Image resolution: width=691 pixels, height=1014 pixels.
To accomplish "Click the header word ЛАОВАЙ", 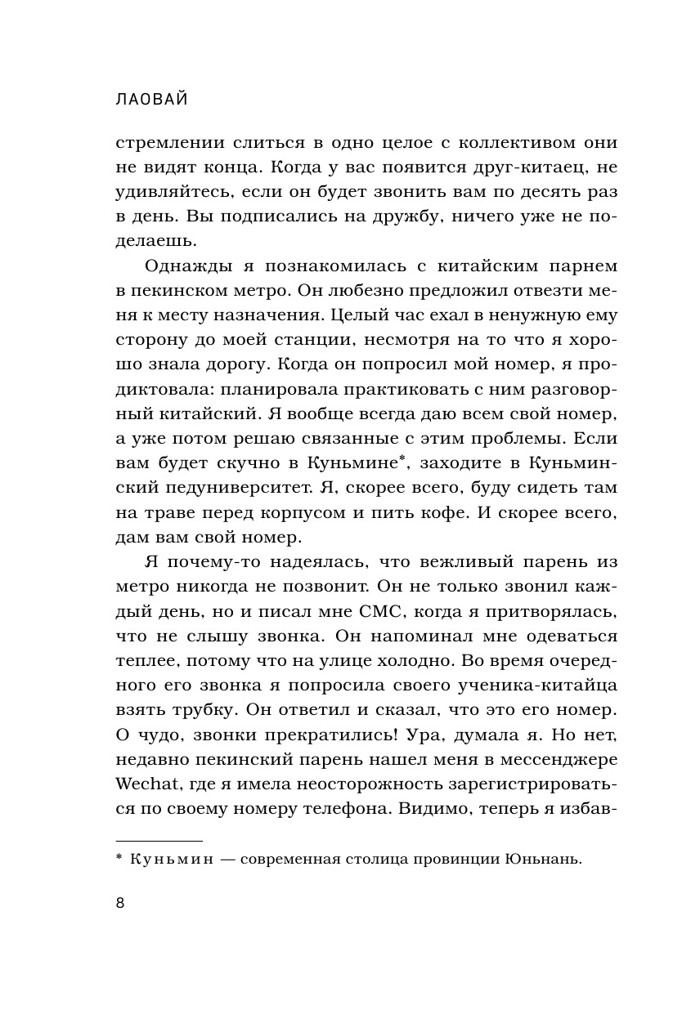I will coord(153,99).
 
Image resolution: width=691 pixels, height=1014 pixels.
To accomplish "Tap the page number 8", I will coord(120,903).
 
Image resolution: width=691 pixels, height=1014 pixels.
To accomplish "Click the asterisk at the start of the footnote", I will coord(119,857).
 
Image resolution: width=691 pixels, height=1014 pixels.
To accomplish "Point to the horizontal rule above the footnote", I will coord(159,840).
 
